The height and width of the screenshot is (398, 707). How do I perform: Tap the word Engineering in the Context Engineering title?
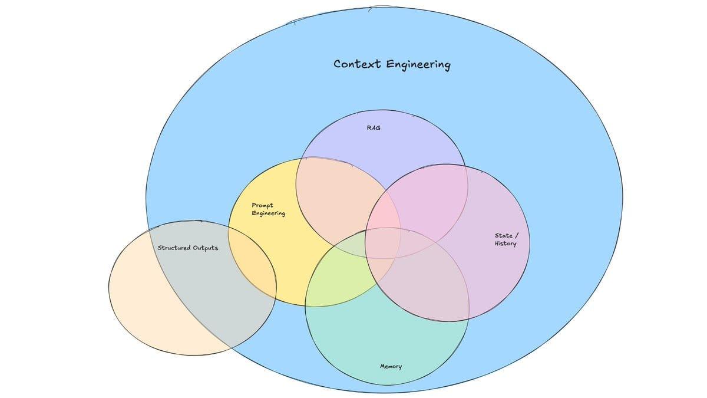(418, 64)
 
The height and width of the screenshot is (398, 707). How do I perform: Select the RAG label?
(374, 127)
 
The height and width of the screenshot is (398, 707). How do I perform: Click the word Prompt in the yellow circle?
(262, 206)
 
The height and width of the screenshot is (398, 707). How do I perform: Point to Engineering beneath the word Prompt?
(268, 213)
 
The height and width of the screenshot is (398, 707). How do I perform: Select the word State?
(503, 236)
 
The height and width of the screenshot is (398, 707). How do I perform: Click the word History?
(505, 244)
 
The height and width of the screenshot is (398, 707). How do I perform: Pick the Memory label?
(391, 366)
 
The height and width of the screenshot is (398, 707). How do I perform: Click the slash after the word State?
(517, 236)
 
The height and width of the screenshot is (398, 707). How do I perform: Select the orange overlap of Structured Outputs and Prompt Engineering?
(253, 265)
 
